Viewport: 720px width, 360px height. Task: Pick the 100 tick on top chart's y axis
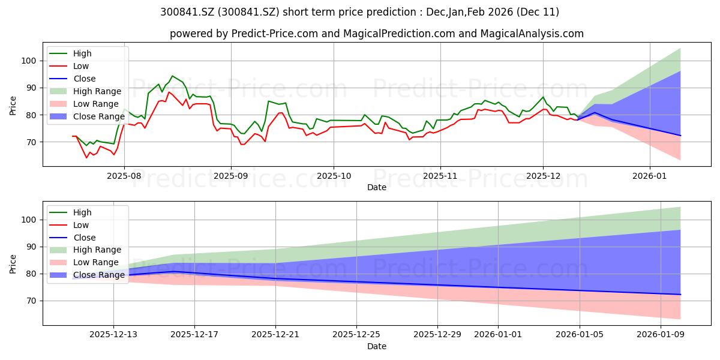31,61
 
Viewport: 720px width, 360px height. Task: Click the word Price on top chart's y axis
13,106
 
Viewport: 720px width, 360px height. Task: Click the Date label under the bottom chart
377,346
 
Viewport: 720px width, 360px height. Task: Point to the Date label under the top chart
377,187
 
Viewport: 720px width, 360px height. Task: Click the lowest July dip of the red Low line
86,158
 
